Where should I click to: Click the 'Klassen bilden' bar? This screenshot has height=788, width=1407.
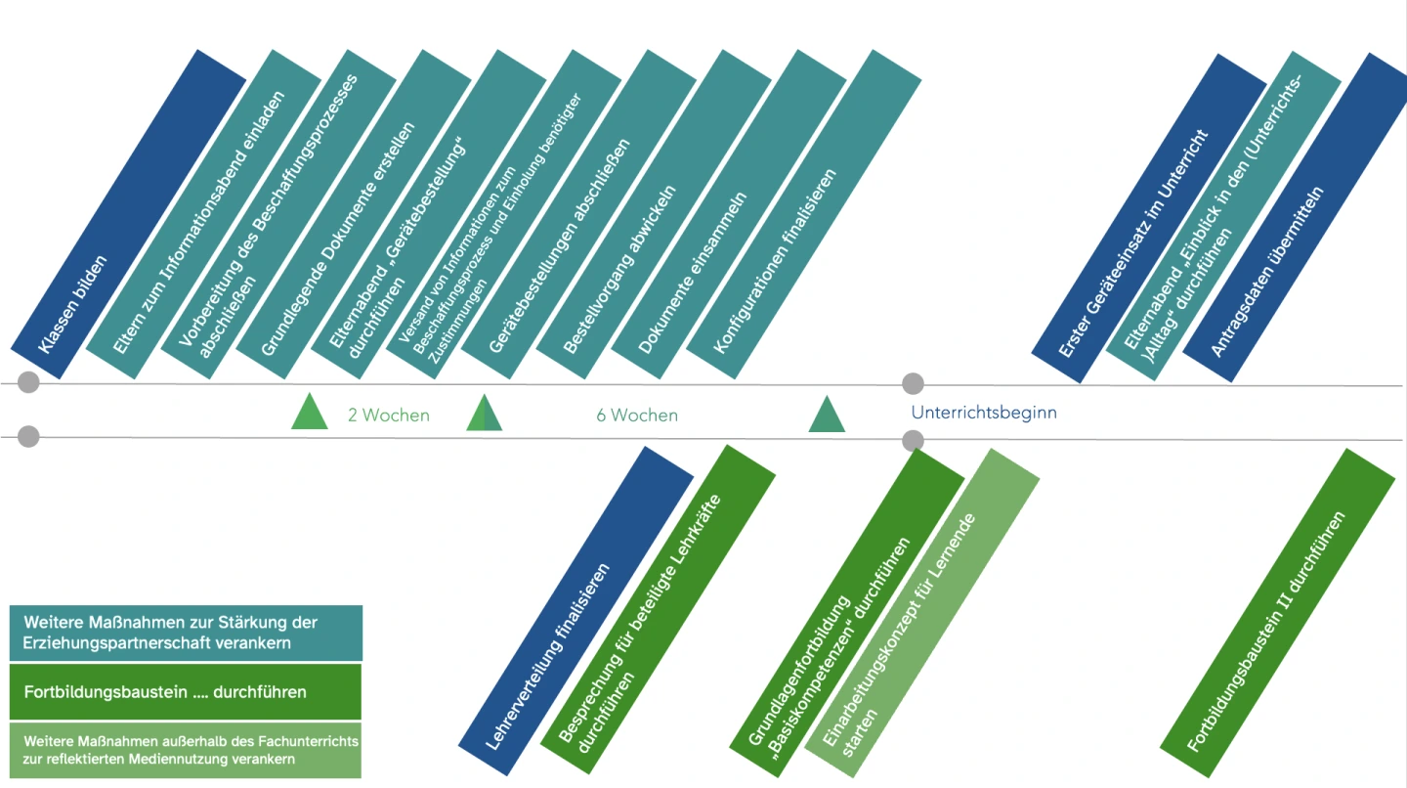127,215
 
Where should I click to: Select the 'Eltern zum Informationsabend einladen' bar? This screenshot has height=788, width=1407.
203,215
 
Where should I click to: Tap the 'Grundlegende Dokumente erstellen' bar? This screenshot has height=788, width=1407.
353,215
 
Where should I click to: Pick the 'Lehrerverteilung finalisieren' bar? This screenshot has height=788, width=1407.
576,601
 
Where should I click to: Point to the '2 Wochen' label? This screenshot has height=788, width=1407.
388,416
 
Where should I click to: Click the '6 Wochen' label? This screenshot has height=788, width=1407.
637,416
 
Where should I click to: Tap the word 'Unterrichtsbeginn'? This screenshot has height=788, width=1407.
984,413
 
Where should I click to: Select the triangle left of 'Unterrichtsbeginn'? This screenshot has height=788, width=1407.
827,416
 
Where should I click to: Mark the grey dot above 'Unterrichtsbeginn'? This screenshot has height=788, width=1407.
912,383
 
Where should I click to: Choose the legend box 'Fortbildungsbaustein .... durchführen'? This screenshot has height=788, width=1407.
185,691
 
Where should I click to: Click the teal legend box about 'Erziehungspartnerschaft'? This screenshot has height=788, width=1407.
185,632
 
